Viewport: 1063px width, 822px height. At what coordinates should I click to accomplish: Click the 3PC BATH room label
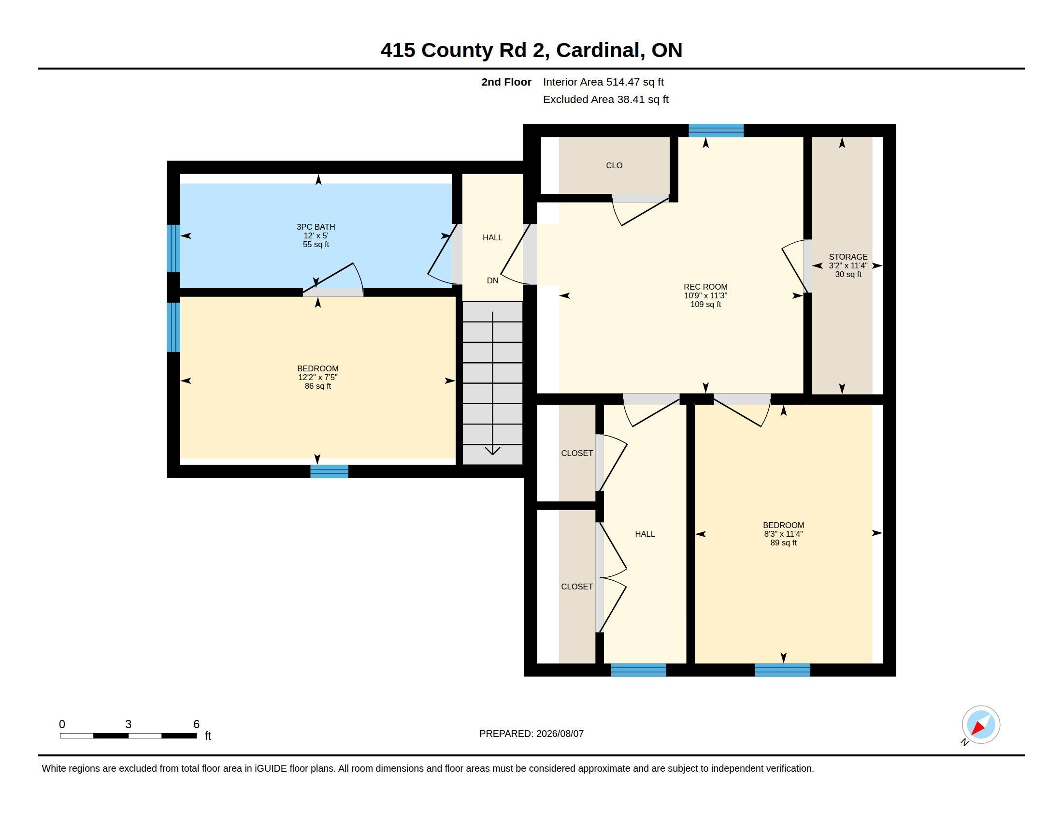coord(316,227)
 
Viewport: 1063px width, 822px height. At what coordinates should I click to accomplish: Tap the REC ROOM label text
coord(705,287)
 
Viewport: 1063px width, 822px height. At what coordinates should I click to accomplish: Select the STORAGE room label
coord(848,257)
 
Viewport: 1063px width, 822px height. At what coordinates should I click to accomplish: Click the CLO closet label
coord(614,165)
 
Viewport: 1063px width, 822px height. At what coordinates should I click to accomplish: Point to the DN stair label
coord(492,280)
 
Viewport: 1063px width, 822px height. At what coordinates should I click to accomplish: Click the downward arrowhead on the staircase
coord(492,451)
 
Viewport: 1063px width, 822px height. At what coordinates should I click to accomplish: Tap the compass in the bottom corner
coord(980,725)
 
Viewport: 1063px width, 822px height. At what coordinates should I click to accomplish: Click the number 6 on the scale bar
coord(197,724)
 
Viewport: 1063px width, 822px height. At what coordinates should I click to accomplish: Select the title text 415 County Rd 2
coord(465,50)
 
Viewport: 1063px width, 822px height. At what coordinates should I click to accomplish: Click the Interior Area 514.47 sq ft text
coord(603,82)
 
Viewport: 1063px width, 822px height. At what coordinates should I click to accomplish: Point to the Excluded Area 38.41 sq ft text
coord(605,99)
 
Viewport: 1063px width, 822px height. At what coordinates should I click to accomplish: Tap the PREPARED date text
coord(531,734)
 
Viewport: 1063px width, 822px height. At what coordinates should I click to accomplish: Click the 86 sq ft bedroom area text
coord(318,386)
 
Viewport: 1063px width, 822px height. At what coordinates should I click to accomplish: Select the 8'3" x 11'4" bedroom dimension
coord(783,534)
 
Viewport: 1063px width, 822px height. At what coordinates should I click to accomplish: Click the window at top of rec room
coord(716,131)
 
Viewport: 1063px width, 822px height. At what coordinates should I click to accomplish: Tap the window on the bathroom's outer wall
coord(174,249)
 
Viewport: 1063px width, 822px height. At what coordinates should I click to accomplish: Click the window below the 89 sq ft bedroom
coord(782,670)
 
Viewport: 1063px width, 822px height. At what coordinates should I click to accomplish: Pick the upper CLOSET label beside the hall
coord(577,454)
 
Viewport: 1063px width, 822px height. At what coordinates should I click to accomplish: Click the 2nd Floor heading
coord(506,82)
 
